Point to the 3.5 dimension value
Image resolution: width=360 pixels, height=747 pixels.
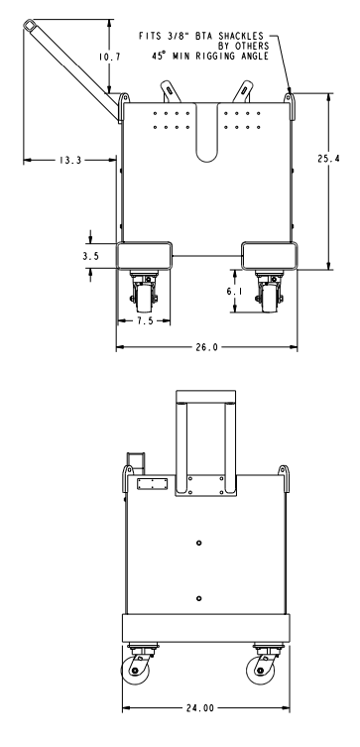(x=90, y=255)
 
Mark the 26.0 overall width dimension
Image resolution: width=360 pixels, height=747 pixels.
(x=205, y=348)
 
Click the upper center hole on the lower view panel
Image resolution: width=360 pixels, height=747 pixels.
(x=199, y=542)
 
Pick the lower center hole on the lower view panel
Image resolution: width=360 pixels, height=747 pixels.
(x=199, y=598)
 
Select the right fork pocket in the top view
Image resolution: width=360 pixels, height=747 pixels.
(x=267, y=255)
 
